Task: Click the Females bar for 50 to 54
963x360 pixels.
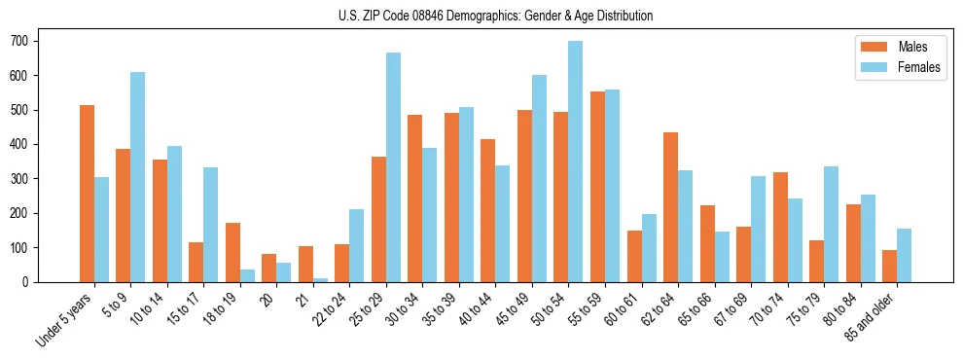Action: coord(575,162)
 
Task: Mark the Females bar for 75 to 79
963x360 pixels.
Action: coord(831,224)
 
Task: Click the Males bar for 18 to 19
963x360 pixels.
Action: coord(232,252)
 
